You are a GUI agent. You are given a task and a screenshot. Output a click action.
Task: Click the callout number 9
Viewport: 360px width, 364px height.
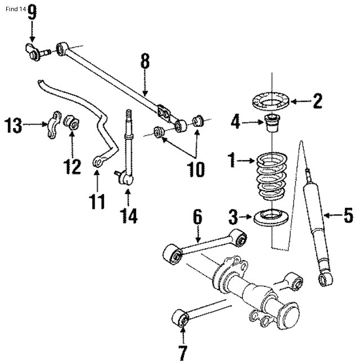[32, 12]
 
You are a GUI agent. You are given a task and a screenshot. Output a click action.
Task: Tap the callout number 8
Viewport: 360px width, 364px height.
[145, 61]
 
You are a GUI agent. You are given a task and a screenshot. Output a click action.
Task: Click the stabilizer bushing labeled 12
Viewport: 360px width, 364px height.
[71, 121]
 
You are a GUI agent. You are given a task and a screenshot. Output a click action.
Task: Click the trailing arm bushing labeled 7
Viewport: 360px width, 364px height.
[182, 318]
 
